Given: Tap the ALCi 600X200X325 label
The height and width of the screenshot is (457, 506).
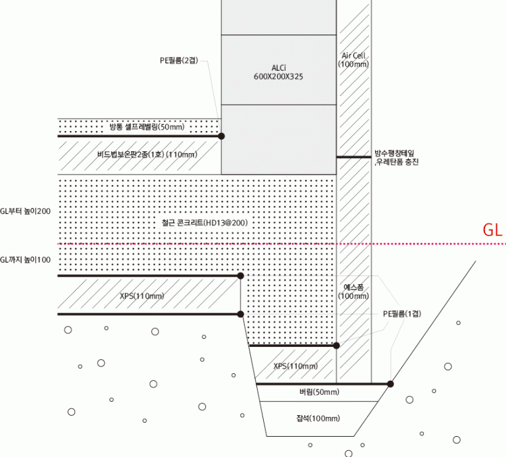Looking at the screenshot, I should [x=278, y=72].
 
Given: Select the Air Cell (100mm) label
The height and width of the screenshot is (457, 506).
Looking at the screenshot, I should [x=354, y=59].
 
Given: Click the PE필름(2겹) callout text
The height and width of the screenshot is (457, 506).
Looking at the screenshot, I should [x=179, y=61].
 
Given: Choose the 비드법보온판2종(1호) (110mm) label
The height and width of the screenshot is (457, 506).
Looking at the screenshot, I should [x=146, y=155].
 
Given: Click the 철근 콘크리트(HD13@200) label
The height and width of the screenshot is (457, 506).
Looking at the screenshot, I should [x=197, y=222].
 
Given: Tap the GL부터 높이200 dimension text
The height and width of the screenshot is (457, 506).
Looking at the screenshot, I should [x=26, y=211].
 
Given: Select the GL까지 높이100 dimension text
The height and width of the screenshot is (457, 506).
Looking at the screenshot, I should [x=26, y=260].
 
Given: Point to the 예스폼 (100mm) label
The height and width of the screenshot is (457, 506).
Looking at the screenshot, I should [x=354, y=292].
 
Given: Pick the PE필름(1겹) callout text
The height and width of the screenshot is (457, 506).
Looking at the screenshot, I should [x=402, y=313].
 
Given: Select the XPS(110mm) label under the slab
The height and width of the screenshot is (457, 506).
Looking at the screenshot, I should [x=142, y=296].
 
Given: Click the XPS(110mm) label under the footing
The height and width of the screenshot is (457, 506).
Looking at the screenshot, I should [x=296, y=366].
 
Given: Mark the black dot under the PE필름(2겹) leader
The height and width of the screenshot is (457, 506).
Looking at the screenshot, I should [x=222, y=136].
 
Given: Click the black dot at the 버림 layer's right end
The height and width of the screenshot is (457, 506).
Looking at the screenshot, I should [x=391, y=383].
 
